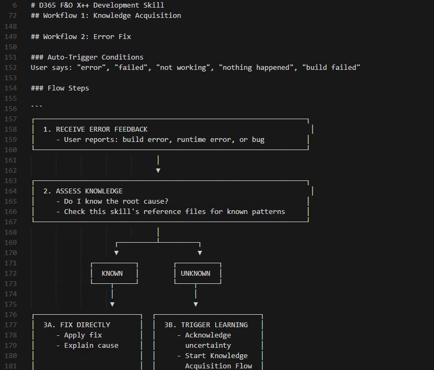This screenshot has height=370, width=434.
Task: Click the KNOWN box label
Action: pyautogui.click(x=112, y=274)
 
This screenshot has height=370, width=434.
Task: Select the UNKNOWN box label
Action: pyautogui.click(x=196, y=274)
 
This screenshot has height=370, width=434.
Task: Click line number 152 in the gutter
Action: pyautogui.click(x=11, y=67)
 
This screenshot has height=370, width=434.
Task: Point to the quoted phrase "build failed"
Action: pyautogui.click(x=331, y=67)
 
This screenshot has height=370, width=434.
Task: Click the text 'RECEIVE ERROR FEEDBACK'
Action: pyautogui.click(x=101, y=129)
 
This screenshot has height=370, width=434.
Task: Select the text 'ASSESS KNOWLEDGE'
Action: pyautogui.click(x=89, y=191)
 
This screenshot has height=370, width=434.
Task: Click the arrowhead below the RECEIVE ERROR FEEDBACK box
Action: pyautogui.click(x=158, y=170)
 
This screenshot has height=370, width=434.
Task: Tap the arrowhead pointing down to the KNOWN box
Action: pyautogui.click(x=116, y=253)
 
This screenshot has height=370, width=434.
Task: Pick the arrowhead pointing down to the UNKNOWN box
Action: pyautogui.click(x=200, y=253)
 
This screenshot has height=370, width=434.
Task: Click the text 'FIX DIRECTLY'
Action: pyautogui.click(x=85, y=325)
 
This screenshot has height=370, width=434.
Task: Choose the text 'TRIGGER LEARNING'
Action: pyautogui.click(x=214, y=325)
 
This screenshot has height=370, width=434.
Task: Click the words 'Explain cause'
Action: pyautogui.click(x=91, y=346)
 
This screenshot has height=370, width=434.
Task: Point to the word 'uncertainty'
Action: pyautogui.click(x=208, y=346)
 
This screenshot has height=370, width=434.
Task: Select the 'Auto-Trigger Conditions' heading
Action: pyautogui.click(x=95, y=57)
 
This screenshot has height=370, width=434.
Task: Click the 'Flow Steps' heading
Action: pyautogui.click(x=68, y=88)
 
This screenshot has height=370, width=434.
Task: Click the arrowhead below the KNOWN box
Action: pyautogui.click(x=112, y=304)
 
